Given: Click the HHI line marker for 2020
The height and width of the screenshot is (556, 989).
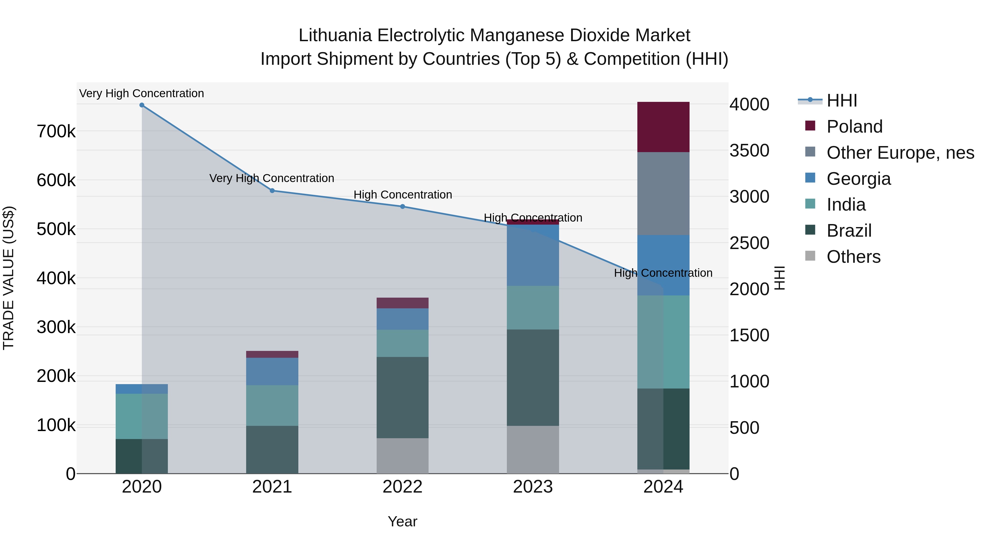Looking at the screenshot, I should [x=142, y=105].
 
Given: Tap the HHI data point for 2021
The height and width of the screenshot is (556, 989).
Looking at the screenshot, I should [x=272, y=191].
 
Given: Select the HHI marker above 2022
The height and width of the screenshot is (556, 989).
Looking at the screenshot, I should [x=402, y=206].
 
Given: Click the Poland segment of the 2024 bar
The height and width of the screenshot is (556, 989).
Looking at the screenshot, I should [x=663, y=127].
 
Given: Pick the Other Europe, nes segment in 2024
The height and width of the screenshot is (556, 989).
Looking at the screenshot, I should [x=663, y=194].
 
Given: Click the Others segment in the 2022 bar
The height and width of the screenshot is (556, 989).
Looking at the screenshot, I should [x=402, y=456].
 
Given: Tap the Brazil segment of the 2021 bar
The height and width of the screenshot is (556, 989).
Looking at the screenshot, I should [x=272, y=450].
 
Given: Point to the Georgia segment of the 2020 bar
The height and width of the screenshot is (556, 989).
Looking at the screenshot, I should [x=142, y=389].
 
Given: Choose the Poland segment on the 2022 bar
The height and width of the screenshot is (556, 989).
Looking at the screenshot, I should [x=402, y=303].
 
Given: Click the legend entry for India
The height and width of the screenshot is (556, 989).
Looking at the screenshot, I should [x=846, y=205].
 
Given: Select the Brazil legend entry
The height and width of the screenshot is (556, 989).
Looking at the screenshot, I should [x=849, y=231].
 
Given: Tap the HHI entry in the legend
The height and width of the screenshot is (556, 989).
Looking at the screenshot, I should [x=841, y=100].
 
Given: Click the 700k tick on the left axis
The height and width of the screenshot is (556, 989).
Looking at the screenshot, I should [x=56, y=132].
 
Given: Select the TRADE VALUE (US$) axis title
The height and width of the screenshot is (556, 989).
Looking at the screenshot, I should [x=9, y=278].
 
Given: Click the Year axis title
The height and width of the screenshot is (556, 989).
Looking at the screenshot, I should [x=402, y=521].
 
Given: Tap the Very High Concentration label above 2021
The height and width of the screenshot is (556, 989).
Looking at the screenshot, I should [x=271, y=178].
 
